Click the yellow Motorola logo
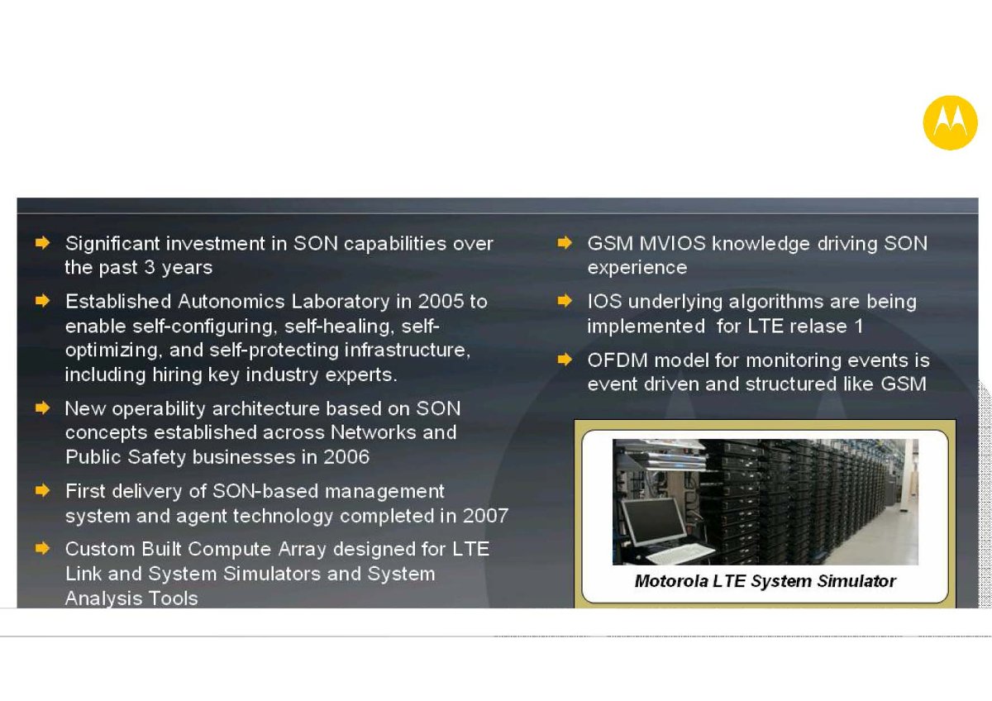point(950,122)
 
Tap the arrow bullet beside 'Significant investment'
point(42,243)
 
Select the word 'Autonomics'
point(231,302)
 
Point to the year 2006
point(346,457)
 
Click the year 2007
point(485,516)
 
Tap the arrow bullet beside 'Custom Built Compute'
point(42,548)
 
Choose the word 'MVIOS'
point(672,244)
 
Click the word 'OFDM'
point(618,360)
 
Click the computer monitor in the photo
point(655,522)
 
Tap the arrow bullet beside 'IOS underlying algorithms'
point(565,301)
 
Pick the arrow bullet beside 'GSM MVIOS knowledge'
point(565,243)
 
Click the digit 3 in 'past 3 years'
point(150,268)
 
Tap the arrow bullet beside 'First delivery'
point(42,490)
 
